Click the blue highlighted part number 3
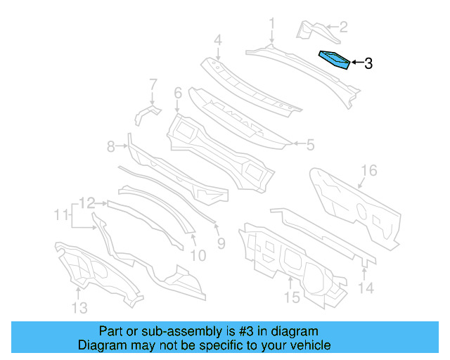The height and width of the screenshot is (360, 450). pos(335,59)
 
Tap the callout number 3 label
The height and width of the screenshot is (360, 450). pos(368,64)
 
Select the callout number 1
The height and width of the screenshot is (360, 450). pos(271,26)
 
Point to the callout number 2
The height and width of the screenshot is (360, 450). pos(343,27)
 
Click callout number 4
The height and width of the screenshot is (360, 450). pos(218,40)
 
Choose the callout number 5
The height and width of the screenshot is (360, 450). pos(309,145)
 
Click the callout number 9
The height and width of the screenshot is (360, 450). pos(220,244)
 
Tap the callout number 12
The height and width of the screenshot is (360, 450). pos(86,204)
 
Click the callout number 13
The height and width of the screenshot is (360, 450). pos(79,307)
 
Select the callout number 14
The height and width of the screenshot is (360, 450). pos(365,287)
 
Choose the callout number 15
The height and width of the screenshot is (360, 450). pos(292,297)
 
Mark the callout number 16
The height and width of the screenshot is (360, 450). pos(369,171)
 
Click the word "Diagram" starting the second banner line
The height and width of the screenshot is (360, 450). pos(101,345)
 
